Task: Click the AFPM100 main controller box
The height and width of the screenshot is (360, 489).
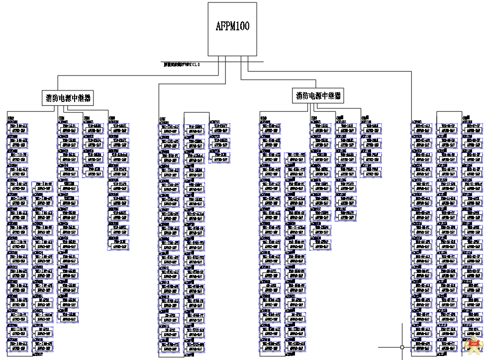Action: pos(232,29)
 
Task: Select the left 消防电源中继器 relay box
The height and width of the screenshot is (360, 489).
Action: pos(67,98)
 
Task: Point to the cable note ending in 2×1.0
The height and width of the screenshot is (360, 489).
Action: pos(182,65)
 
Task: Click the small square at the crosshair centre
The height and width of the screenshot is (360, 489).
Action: pos(402,347)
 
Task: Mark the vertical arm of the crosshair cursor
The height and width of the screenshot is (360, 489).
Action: pos(402,333)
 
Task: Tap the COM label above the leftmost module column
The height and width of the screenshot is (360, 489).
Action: pos(10,118)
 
